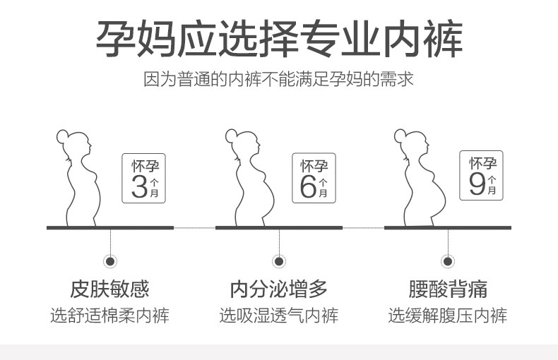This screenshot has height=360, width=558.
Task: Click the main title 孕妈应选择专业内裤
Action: (x=278, y=40)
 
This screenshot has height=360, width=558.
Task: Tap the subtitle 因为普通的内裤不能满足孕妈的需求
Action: (x=278, y=78)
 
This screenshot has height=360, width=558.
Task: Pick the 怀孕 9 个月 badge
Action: (x=482, y=176)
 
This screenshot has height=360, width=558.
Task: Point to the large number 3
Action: (x=140, y=186)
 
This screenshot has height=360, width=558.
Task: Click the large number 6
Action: (x=308, y=186)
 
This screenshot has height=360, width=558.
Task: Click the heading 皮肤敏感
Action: (x=109, y=289)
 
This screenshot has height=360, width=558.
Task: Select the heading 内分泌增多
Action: (x=278, y=289)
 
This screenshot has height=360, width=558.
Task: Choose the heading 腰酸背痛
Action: (x=447, y=289)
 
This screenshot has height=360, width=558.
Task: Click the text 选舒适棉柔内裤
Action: (x=109, y=315)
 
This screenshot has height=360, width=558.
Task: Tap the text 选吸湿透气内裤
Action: (x=278, y=315)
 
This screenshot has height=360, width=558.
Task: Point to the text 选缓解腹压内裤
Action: (x=447, y=315)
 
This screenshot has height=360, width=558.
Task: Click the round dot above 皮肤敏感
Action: (x=110, y=262)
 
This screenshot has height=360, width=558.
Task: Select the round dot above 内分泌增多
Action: (x=279, y=262)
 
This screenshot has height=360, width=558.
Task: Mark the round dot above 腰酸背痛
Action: (x=448, y=262)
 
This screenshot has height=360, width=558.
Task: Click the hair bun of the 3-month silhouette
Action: (x=61, y=133)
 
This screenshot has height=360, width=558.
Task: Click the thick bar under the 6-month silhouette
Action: (x=278, y=227)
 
